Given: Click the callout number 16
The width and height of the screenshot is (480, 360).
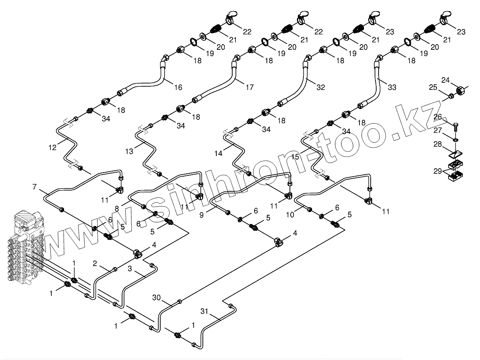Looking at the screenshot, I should [x=178, y=87].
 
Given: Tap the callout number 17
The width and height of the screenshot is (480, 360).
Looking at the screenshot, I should [x=249, y=87].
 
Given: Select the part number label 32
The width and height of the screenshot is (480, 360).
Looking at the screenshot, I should [x=321, y=87].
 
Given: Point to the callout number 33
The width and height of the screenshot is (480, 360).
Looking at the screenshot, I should [x=392, y=88].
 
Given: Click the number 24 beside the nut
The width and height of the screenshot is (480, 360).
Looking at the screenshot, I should [x=445, y=80].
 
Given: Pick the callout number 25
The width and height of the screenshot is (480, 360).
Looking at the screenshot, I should [x=432, y=87].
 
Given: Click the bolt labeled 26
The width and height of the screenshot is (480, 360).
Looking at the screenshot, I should [x=455, y=125].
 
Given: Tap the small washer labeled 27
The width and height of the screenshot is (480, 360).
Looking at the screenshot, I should [x=455, y=139].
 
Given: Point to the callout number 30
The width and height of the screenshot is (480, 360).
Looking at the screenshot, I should [x=157, y=297].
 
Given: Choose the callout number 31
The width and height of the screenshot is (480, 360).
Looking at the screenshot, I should [x=204, y=311].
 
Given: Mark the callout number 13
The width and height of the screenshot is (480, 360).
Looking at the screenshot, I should [x=129, y=151].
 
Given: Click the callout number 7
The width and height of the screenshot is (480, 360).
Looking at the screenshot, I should [x=34, y=186].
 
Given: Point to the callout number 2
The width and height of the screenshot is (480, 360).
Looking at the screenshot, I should [x=95, y=263].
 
